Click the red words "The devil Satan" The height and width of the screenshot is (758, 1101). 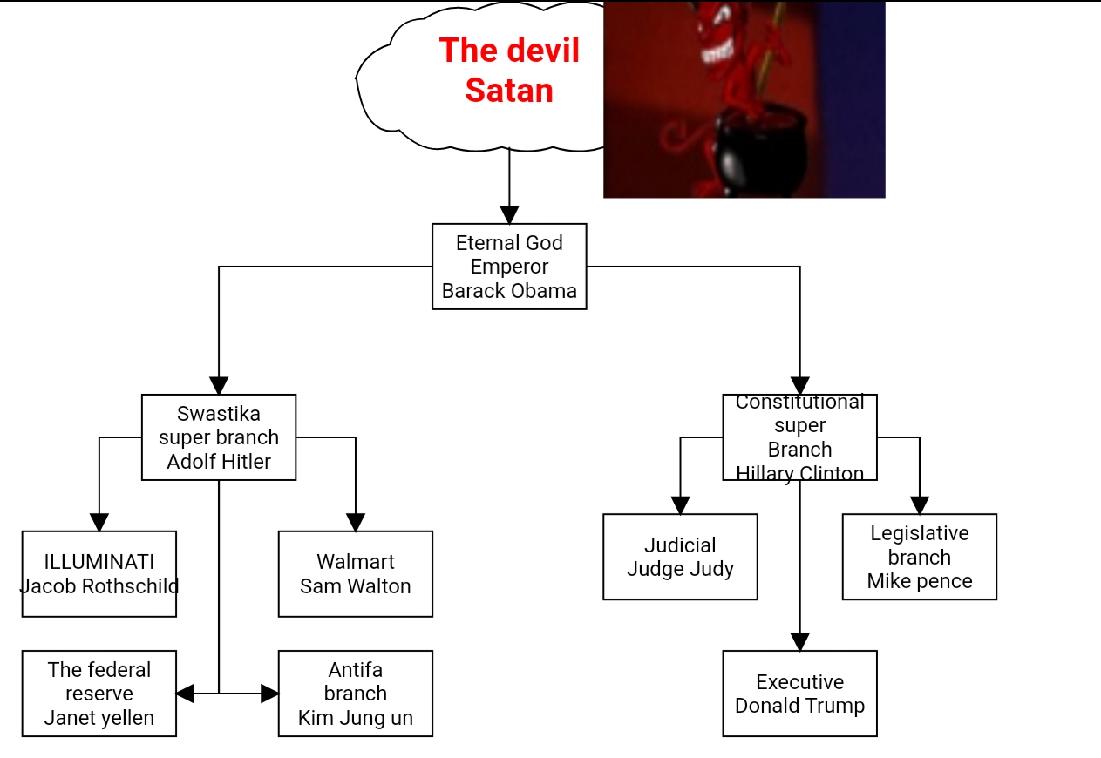pyautogui.click(x=509, y=70)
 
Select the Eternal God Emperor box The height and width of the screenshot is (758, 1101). pyautogui.click(x=509, y=266)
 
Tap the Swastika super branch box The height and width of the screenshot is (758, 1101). pyautogui.click(x=219, y=437)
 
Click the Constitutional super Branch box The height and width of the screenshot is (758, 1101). pyautogui.click(x=799, y=437)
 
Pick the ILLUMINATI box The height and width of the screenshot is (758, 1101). pyautogui.click(x=99, y=573)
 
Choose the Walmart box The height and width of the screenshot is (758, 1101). pyautogui.click(x=355, y=573)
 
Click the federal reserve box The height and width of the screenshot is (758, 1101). pyautogui.click(x=99, y=693)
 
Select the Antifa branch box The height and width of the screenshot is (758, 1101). pyautogui.click(x=355, y=693)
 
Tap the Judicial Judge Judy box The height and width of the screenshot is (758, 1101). pyautogui.click(x=680, y=556)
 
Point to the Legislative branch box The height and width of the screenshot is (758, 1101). pyautogui.click(x=919, y=556)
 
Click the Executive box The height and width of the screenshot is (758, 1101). pyautogui.click(x=799, y=693)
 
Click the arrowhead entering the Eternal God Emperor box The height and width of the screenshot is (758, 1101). pyautogui.click(x=509, y=215)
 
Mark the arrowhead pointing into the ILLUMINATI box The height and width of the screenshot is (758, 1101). pyautogui.click(x=99, y=522)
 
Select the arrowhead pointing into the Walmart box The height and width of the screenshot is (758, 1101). pyautogui.click(x=356, y=522)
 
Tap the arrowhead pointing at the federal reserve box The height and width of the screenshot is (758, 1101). pyautogui.click(x=185, y=694)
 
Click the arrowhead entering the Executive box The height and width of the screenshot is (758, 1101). pyautogui.click(x=799, y=642)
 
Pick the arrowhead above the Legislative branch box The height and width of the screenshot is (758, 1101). pyautogui.click(x=920, y=505)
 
